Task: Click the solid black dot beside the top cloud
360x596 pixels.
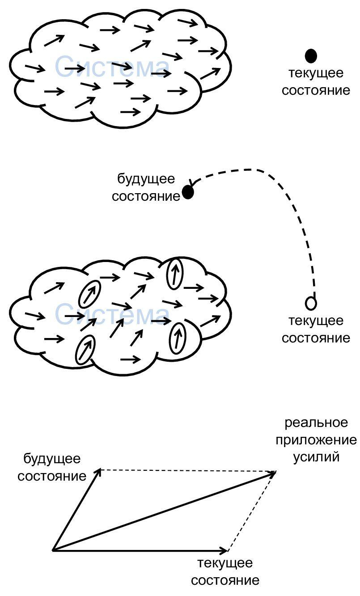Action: (x=311, y=56)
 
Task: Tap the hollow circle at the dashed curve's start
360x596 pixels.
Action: (x=311, y=303)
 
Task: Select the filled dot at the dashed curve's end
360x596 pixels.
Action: (x=188, y=193)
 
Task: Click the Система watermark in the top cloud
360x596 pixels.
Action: (x=112, y=67)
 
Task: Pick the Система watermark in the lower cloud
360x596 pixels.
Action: (x=112, y=314)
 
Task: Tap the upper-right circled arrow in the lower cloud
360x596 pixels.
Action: (x=175, y=273)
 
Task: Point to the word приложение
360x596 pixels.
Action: (x=316, y=440)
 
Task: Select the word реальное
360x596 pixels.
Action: (x=316, y=423)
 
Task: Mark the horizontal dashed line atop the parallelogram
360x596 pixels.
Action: (x=188, y=470)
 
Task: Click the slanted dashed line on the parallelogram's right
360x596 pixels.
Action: (x=252, y=511)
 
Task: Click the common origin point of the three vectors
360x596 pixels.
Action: (x=53, y=550)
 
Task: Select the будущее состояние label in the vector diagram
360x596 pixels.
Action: (x=52, y=467)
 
